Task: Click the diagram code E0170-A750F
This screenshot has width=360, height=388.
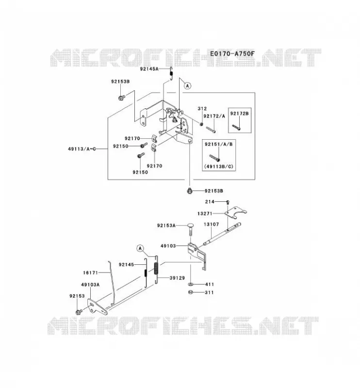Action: pos(232,53)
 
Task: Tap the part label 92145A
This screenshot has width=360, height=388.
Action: pos(149,69)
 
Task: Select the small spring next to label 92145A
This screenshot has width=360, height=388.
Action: pos(171,74)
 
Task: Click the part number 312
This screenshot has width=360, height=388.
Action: pos(202,108)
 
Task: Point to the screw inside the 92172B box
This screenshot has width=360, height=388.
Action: pos(236,128)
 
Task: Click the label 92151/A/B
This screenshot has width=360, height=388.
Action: pos(219,144)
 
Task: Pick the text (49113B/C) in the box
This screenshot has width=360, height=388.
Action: pos(219,166)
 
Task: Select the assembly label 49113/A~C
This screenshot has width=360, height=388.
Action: pos(82,149)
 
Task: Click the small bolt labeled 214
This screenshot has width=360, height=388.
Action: pos(228,202)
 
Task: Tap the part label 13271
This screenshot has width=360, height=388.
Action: pos(205,213)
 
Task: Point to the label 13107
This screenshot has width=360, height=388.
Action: pos(211,225)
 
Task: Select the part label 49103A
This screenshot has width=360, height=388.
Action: pos(90,285)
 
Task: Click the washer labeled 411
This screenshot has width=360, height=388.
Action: pos(191,284)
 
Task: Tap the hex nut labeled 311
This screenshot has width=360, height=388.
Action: pos(191,292)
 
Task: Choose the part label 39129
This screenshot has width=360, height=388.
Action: pos(177,278)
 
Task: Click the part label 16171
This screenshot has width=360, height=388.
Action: pos(90,273)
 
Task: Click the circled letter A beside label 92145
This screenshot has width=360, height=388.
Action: pos(140,248)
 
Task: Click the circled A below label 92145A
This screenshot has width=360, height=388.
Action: pos(187,86)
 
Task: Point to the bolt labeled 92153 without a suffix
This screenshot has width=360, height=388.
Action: pos(79,312)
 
